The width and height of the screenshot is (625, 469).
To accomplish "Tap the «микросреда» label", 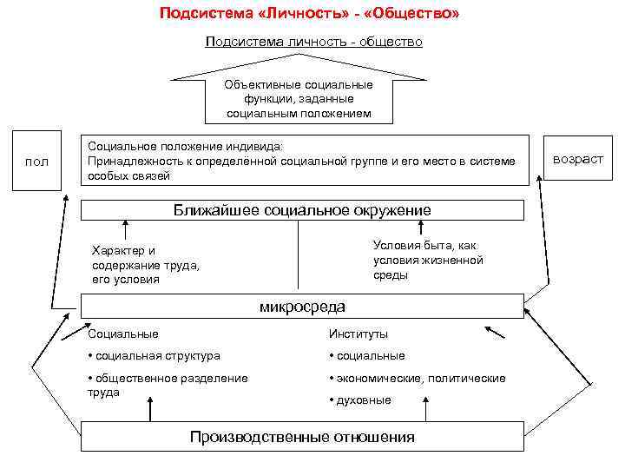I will (302, 307).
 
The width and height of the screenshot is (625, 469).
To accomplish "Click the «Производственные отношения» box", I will (302, 437).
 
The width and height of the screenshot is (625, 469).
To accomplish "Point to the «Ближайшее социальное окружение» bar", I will (302, 210).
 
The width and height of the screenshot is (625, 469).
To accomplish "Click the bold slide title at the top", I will (310, 15).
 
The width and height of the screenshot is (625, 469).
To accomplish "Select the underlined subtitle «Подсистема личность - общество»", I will (313, 42).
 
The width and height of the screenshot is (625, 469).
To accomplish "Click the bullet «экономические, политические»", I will (417, 378).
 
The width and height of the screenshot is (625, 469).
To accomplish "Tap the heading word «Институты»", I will (359, 334).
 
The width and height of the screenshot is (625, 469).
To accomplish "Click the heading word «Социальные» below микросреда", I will (123, 334).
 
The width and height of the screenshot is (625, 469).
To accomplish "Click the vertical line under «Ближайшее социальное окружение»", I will (299, 254).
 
